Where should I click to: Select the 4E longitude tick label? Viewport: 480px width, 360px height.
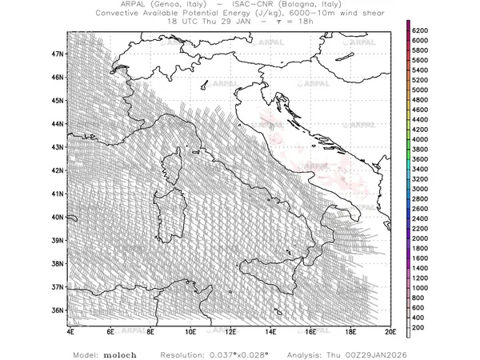(x=70, y=331)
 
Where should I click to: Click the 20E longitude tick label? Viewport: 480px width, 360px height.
(x=390, y=331)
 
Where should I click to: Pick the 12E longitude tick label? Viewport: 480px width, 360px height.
(x=230, y=331)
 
